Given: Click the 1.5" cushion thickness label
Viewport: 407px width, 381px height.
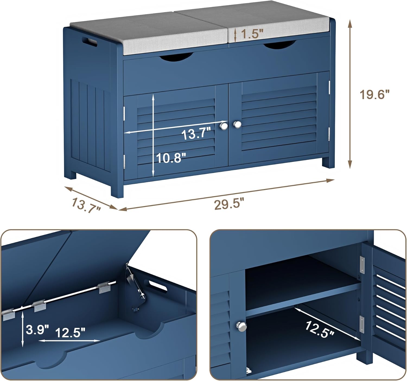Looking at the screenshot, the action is [252, 34].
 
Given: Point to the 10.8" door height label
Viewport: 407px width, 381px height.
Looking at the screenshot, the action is [171, 158].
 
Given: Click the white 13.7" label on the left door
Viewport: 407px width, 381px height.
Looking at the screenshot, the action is [196, 133].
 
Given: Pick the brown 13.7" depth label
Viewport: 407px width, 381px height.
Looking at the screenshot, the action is [86, 205].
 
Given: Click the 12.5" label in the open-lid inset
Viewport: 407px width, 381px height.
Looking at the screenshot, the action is [70, 333].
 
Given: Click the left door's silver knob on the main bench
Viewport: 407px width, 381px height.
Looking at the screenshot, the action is [224, 126].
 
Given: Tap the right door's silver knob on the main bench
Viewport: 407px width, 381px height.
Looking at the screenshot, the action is [237, 124].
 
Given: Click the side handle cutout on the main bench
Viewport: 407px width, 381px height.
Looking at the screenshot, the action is [90, 42].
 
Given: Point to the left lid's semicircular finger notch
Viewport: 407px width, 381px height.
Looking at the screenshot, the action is [176, 57].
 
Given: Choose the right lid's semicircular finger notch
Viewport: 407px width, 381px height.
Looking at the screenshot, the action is [280, 44].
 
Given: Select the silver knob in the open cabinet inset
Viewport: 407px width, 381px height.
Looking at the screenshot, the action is [241, 327].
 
